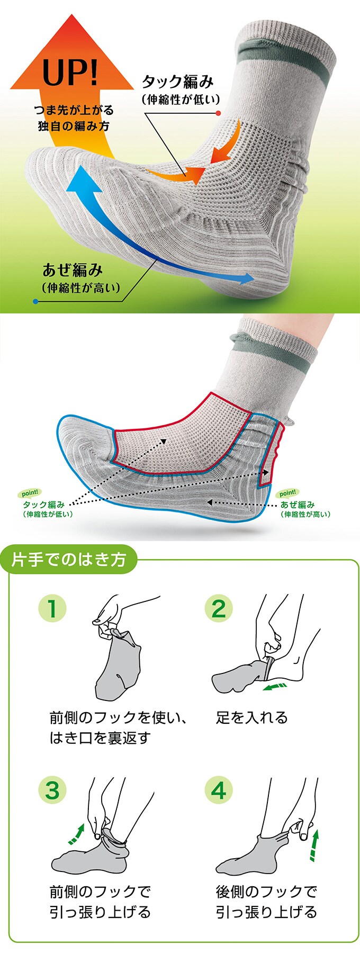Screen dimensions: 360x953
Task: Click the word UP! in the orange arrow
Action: coord(70,73)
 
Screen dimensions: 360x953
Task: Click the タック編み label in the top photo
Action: coord(178,82)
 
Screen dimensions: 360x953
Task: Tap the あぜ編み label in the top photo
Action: coord(73,270)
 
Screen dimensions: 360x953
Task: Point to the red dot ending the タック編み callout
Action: coord(218,112)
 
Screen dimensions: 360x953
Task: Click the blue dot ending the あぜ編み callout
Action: coord(35,301)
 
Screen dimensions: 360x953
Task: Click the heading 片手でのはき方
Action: coord(69,560)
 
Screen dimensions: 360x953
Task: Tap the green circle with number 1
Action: coord(52,608)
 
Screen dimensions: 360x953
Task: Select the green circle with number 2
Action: coord(218,608)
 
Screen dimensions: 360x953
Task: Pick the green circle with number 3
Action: coord(52,791)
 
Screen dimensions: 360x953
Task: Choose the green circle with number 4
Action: coord(218,791)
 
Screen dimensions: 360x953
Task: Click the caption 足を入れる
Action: coord(251,718)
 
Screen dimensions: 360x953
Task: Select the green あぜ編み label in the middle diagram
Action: coord(298,505)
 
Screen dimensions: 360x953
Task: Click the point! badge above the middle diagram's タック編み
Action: coord(30,493)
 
